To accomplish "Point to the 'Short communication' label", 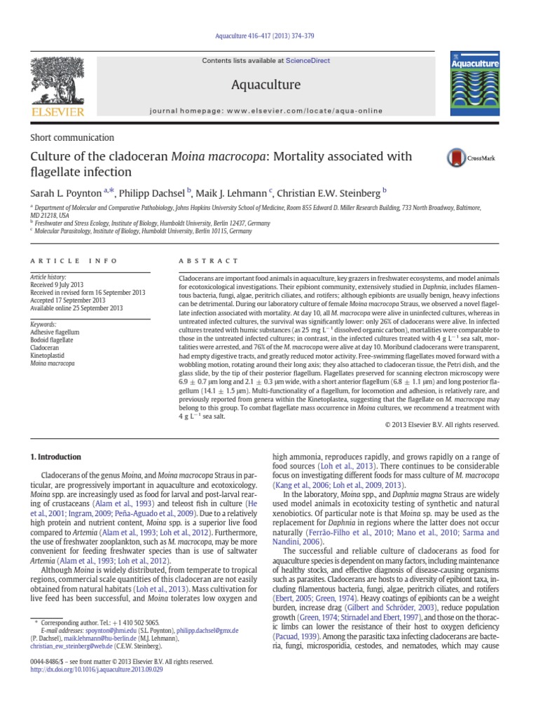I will [x=72, y=138].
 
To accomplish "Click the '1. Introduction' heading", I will [x=55, y=457].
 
